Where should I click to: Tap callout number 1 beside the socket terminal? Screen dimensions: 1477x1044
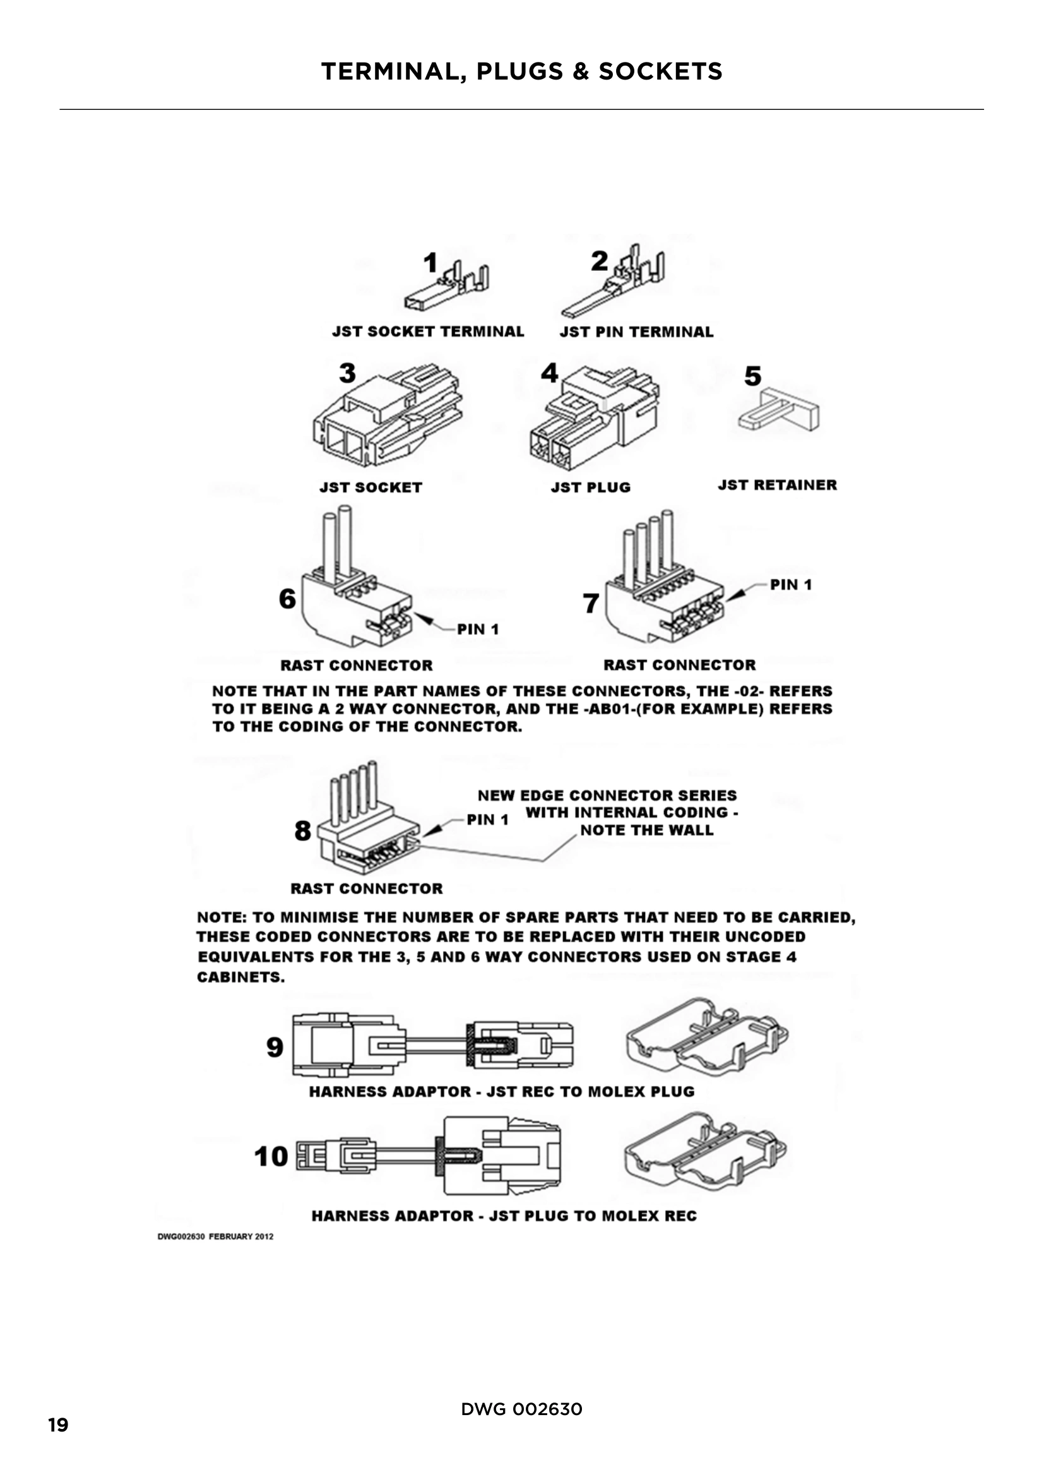click(x=430, y=263)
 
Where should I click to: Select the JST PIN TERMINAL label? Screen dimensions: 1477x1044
click(x=636, y=332)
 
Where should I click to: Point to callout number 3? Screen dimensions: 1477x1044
click(x=347, y=373)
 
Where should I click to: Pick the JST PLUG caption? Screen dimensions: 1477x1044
click(x=590, y=487)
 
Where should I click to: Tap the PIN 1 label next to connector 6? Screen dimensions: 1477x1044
click(x=478, y=629)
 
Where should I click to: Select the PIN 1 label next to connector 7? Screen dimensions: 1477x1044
click(x=791, y=585)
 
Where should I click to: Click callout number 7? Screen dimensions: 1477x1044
click(x=591, y=604)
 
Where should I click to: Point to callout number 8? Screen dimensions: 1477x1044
click(x=303, y=830)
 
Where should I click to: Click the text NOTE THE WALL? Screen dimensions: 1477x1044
click(x=647, y=830)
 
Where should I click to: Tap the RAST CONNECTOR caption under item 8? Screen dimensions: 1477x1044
click(x=367, y=888)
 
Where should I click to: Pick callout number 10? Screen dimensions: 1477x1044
click(x=271, y=1157)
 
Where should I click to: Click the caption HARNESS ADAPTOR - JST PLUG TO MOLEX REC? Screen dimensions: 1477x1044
click(x=504, y=1216)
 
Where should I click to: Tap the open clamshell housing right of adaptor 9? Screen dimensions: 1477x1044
click(x=706, y=1037)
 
